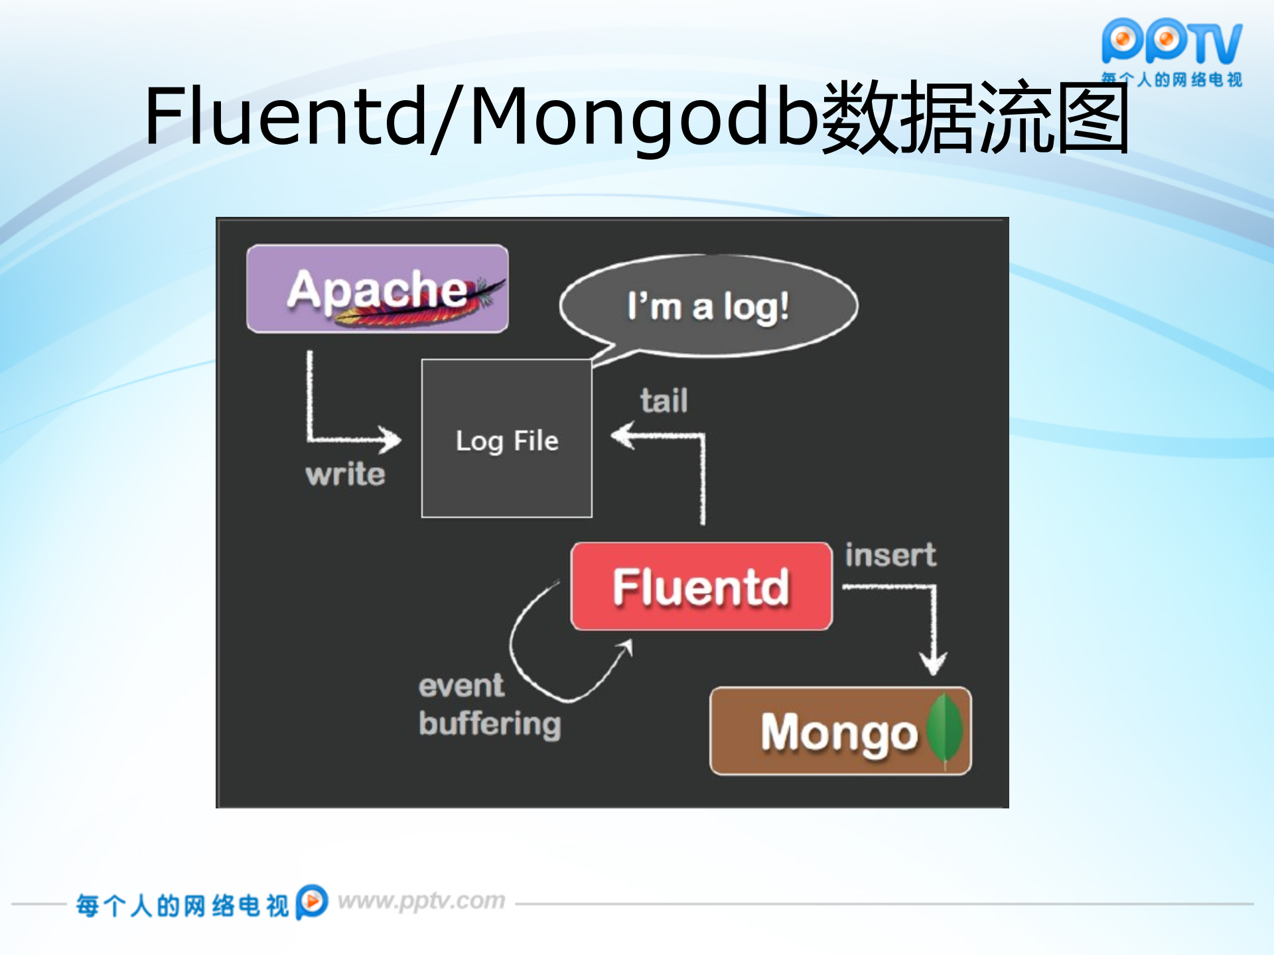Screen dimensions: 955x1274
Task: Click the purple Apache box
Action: [x=377, y=288]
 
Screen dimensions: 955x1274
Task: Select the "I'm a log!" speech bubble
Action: [x=708, y=306]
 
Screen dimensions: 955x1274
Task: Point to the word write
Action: [x=345, y=474]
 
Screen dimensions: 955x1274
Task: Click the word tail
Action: [x=664, y=401]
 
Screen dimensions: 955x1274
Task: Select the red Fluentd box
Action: [x=701, y=586]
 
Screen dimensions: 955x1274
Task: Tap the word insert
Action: [x=890, y=554]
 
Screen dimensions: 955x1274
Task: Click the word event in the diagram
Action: [x=461, y=686]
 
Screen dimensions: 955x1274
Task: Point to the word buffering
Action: [x=490, y=724]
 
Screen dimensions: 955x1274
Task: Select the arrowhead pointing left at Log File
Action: [x=622, y=436]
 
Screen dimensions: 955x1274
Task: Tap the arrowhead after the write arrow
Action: [x=391, y=439]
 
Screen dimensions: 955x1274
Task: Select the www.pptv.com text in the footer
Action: [x=421, y=901]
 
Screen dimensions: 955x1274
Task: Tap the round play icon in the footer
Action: [x=312, y=901]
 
